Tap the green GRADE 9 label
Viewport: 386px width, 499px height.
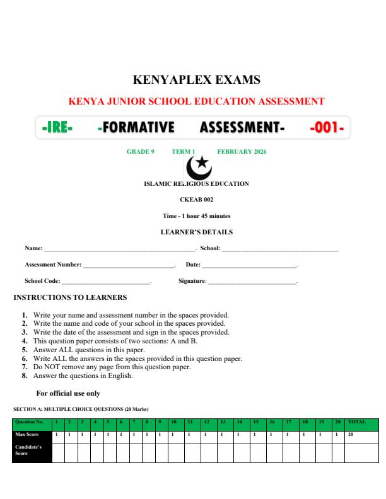tap(141, 152)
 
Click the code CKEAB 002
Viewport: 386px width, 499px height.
tap(197, 200)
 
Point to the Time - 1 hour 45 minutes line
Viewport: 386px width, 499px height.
tap(197, 216)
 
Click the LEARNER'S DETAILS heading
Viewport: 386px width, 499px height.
tap(197, 232)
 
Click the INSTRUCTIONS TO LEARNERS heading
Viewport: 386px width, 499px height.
tap(70, 297)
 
